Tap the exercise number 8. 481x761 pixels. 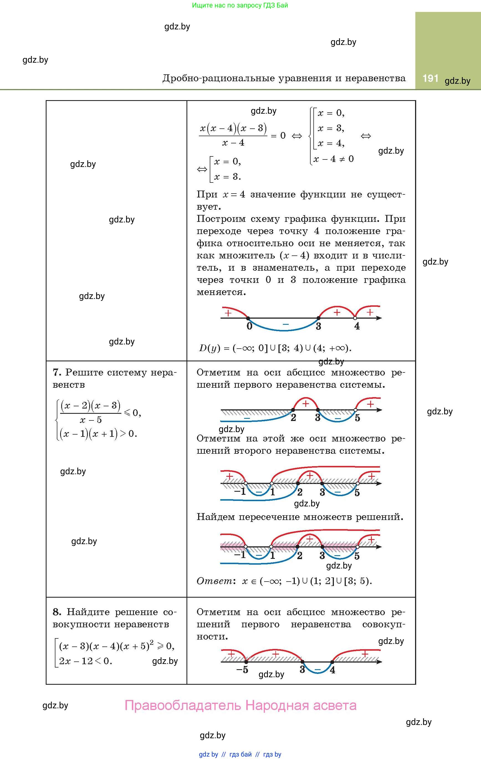point(57,612)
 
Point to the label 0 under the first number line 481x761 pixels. point(249,326)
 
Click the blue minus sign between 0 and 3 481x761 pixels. point(285,324)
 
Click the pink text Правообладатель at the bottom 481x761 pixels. point(183,705)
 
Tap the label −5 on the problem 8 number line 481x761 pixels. point(242,670)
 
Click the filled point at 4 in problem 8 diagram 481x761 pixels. point(332,662)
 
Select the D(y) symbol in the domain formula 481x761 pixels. point(209,348)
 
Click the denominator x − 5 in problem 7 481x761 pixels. point(91,420)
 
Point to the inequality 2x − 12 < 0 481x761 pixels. point(85,661)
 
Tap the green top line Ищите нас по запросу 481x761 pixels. point(240,5)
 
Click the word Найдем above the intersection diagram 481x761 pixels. point(216,517)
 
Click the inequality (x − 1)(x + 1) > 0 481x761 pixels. point(98,433)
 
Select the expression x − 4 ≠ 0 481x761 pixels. point(333,159)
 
